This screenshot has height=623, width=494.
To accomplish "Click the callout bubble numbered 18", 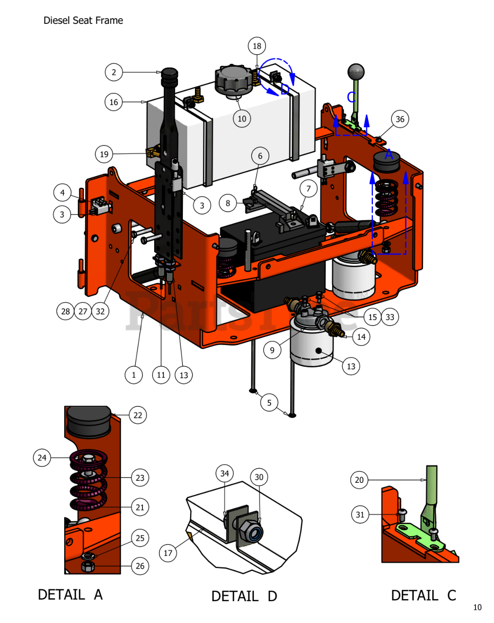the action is [x=257, y=46].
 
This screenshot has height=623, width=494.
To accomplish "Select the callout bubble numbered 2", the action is [x=114, y=73].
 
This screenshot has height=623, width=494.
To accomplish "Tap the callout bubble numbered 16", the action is [x=114, y=102].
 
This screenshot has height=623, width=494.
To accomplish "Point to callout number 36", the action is [x=400, y=119].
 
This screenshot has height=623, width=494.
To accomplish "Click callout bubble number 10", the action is [x=242, y=118].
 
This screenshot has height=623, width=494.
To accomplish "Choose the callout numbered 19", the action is [x=104, y=155].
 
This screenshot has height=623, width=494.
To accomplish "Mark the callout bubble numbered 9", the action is [x=272, y=350].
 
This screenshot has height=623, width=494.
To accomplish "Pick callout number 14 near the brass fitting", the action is [x=361, y=337].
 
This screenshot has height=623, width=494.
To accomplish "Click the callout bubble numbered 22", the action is [x=138, y=415].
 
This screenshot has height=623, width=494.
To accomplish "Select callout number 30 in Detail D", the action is [x=259, y=477].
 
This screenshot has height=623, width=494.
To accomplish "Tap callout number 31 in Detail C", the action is [x=360, y=514].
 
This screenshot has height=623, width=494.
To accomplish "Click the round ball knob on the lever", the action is [x=356, y=72].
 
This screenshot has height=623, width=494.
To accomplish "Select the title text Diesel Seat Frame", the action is [x=83, y=20].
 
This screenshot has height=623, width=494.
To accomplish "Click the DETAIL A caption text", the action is [x=70, y=594].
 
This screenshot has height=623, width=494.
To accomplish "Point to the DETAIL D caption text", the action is [x=244, y=596].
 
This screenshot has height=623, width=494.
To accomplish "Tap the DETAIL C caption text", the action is [x=423, y=595].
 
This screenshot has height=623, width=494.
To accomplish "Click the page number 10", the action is [x=477, y=607].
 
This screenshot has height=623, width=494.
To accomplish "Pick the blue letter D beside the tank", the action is [x=285, y=89].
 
